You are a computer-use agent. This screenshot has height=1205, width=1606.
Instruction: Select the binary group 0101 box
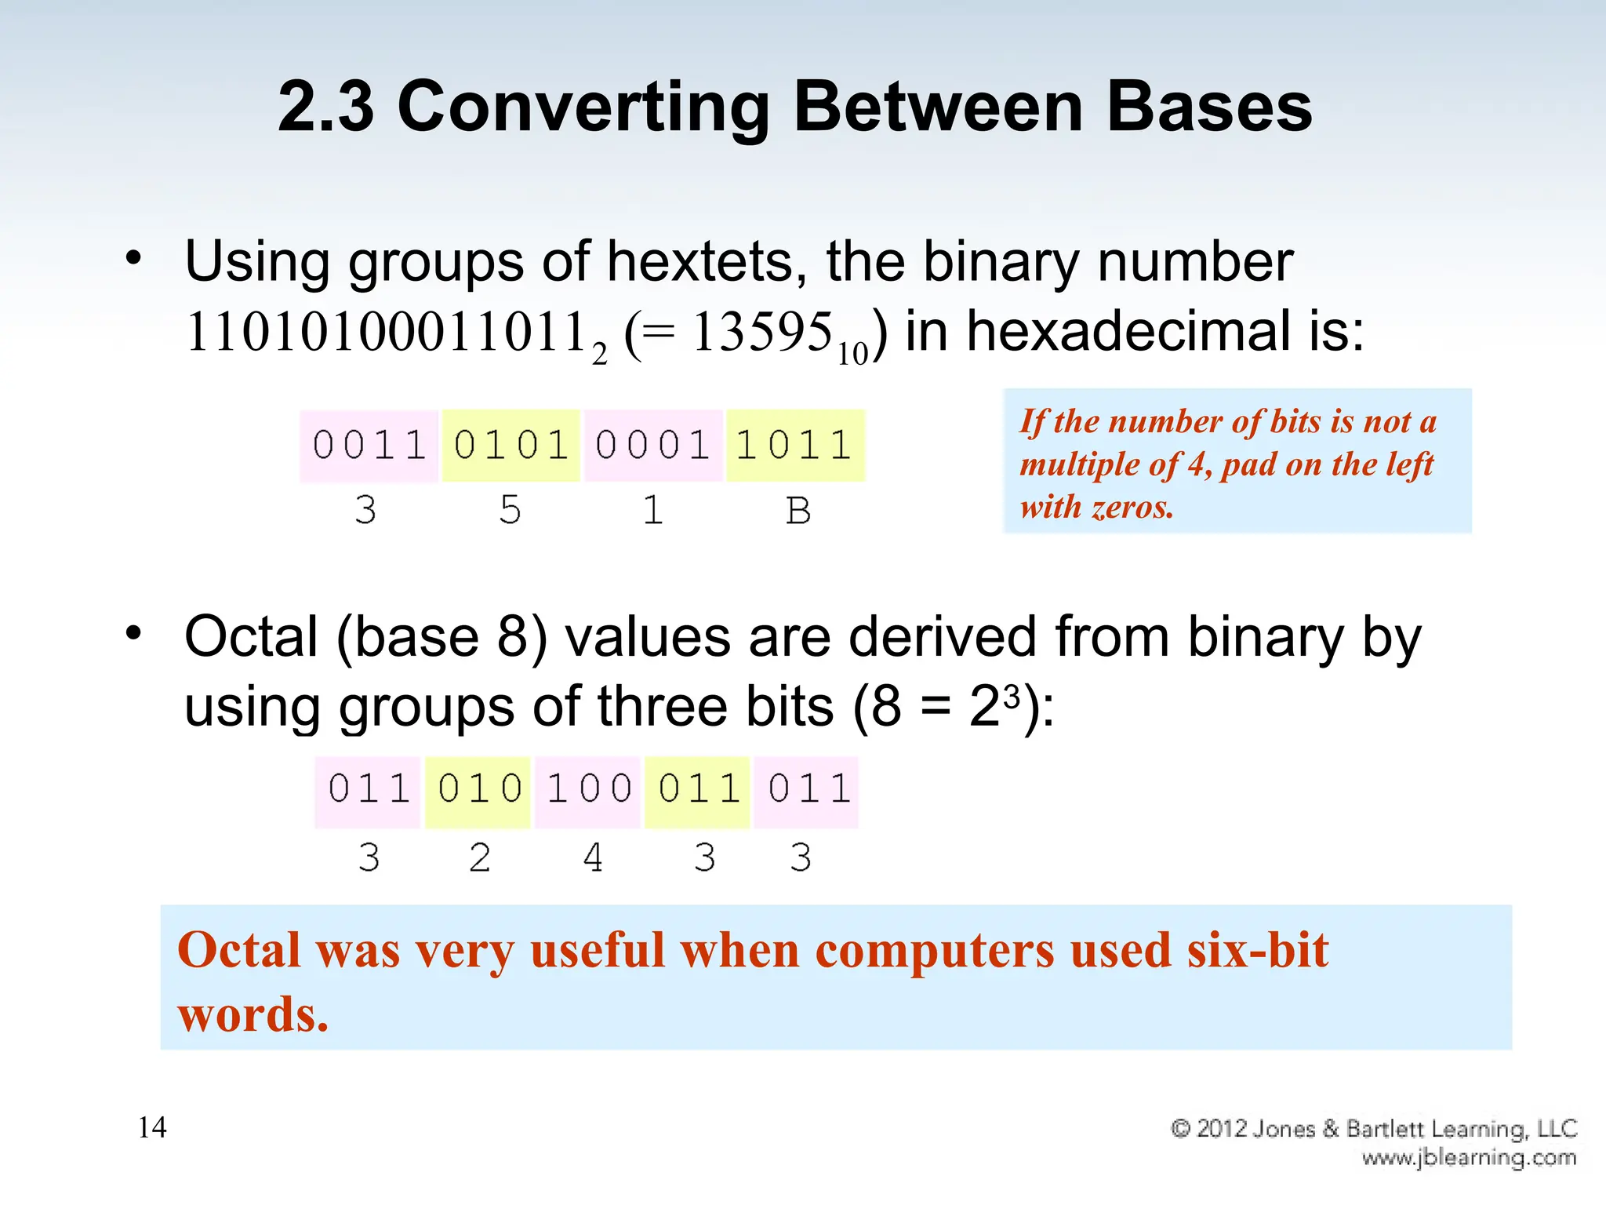[511, 446]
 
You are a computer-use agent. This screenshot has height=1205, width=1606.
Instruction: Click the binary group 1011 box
[794, 446]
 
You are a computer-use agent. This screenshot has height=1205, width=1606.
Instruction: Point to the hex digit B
[798, 511]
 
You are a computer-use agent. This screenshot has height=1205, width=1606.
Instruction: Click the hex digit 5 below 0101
[511, 510]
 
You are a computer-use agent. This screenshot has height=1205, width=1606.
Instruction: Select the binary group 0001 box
[652, 446]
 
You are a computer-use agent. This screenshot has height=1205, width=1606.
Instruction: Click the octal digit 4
[594, 857]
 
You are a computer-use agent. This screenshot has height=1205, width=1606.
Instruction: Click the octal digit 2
[480, 857]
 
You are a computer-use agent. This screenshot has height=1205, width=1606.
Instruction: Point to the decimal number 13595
[761, 332]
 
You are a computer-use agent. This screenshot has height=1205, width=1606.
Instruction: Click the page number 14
[152, 1127]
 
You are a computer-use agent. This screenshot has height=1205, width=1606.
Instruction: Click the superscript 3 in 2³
[1012, 694]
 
